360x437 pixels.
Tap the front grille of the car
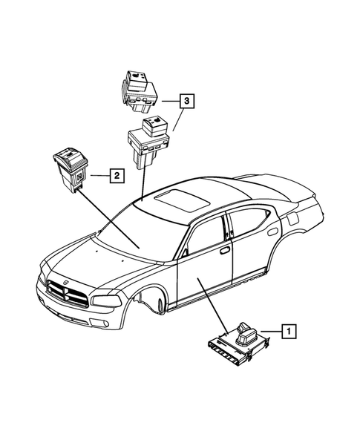click(x=68, y=295)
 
